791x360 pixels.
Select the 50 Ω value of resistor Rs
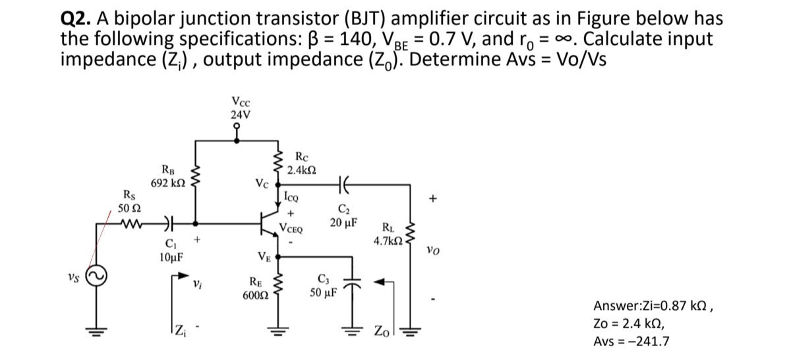click(x=127, y=208)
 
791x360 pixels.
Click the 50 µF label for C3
click(x=323, y=292)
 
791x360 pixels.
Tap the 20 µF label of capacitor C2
click(x=345, y=223)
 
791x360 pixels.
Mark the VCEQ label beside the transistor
click(x=291, y=229)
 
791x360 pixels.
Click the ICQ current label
click(x=291, y=196)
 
